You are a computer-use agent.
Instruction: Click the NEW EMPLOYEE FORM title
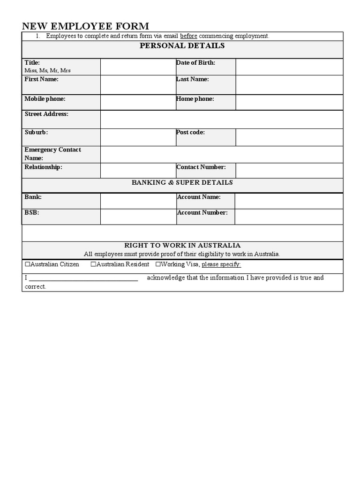[x=85, y=26]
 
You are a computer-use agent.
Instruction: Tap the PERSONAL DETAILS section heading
[x=182, y=46]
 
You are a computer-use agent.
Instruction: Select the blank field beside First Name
[x=138, y=85]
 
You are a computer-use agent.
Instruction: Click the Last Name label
[x=193, y=79]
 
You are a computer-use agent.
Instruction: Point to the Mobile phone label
[x=45, y=99]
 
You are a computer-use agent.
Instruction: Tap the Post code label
[x=190, y=132]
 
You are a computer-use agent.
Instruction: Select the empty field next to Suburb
[x=138, y=137]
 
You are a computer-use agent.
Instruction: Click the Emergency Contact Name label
[x=52, y=154]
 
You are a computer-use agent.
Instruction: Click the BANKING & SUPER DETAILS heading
[x=182, y=182]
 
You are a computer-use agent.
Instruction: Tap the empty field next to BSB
[x=138, y=217]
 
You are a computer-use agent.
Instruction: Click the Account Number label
[x=202, y=212]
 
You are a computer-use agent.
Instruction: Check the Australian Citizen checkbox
[x=27, y=264]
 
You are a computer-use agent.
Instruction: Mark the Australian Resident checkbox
[x=93, y=264]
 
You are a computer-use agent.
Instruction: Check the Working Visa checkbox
[x=158, y=264]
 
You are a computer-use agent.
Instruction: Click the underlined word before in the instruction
[x=188, y=36]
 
